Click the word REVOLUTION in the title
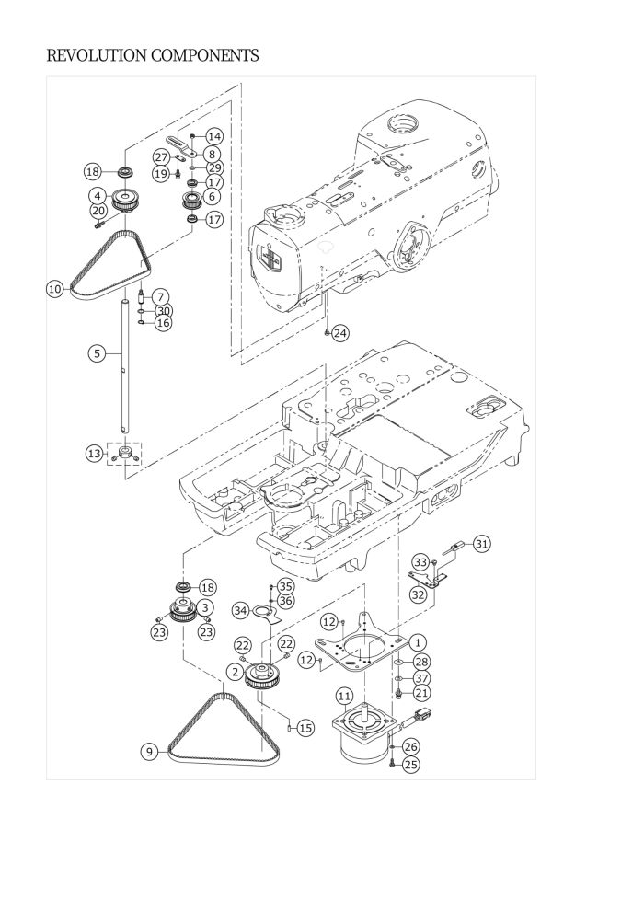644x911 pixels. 97,56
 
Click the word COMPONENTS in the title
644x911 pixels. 205,56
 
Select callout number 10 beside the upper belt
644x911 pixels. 55,289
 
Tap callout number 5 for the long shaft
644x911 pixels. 97,353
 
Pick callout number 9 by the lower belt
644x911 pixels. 149,752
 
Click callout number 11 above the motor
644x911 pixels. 344,696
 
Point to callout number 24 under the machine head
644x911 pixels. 340,333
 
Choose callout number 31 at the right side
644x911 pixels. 481,544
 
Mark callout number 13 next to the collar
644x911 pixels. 95,454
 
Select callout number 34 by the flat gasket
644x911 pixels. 241,611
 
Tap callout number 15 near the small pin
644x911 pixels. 306,727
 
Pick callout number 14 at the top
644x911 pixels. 214,136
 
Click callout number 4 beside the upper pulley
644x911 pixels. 98,196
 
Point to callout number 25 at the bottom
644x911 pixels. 411,765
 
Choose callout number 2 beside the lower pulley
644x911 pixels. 235,673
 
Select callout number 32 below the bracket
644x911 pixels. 418,594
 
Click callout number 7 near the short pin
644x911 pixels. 161,297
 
